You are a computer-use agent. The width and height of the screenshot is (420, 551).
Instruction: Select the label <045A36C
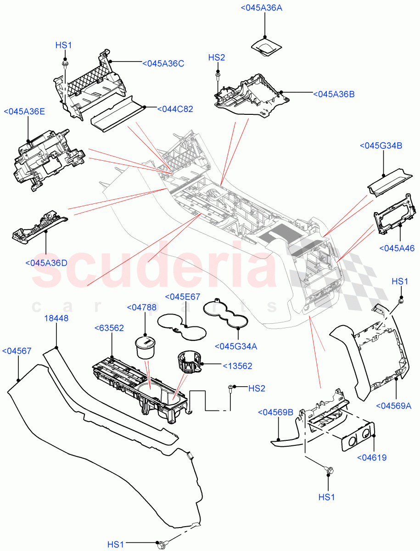click(x=163, y=63)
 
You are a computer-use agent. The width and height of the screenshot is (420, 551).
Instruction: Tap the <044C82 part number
click(x=175, y=109)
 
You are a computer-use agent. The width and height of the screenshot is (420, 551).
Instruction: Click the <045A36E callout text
click(x=24, y=111)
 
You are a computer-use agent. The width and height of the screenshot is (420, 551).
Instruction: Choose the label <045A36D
click(x=46, y=263)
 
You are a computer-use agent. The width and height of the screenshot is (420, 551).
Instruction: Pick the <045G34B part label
click(x=381, y=146)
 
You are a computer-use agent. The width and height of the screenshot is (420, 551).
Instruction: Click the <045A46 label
click(x=397, y=248)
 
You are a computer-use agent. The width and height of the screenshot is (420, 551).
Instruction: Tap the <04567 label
click(x=17, y=351)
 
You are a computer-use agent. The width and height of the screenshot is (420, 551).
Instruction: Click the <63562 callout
click(x=108, y=327)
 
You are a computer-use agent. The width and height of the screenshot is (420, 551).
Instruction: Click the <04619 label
click(x=371, y=457)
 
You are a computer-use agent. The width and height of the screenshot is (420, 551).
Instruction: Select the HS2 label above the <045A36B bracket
click(x=217, y=57)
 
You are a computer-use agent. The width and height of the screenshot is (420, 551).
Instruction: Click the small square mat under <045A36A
click(x=265, y=47)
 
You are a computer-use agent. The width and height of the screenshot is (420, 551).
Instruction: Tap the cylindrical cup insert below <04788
click(x=146, y=348)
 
